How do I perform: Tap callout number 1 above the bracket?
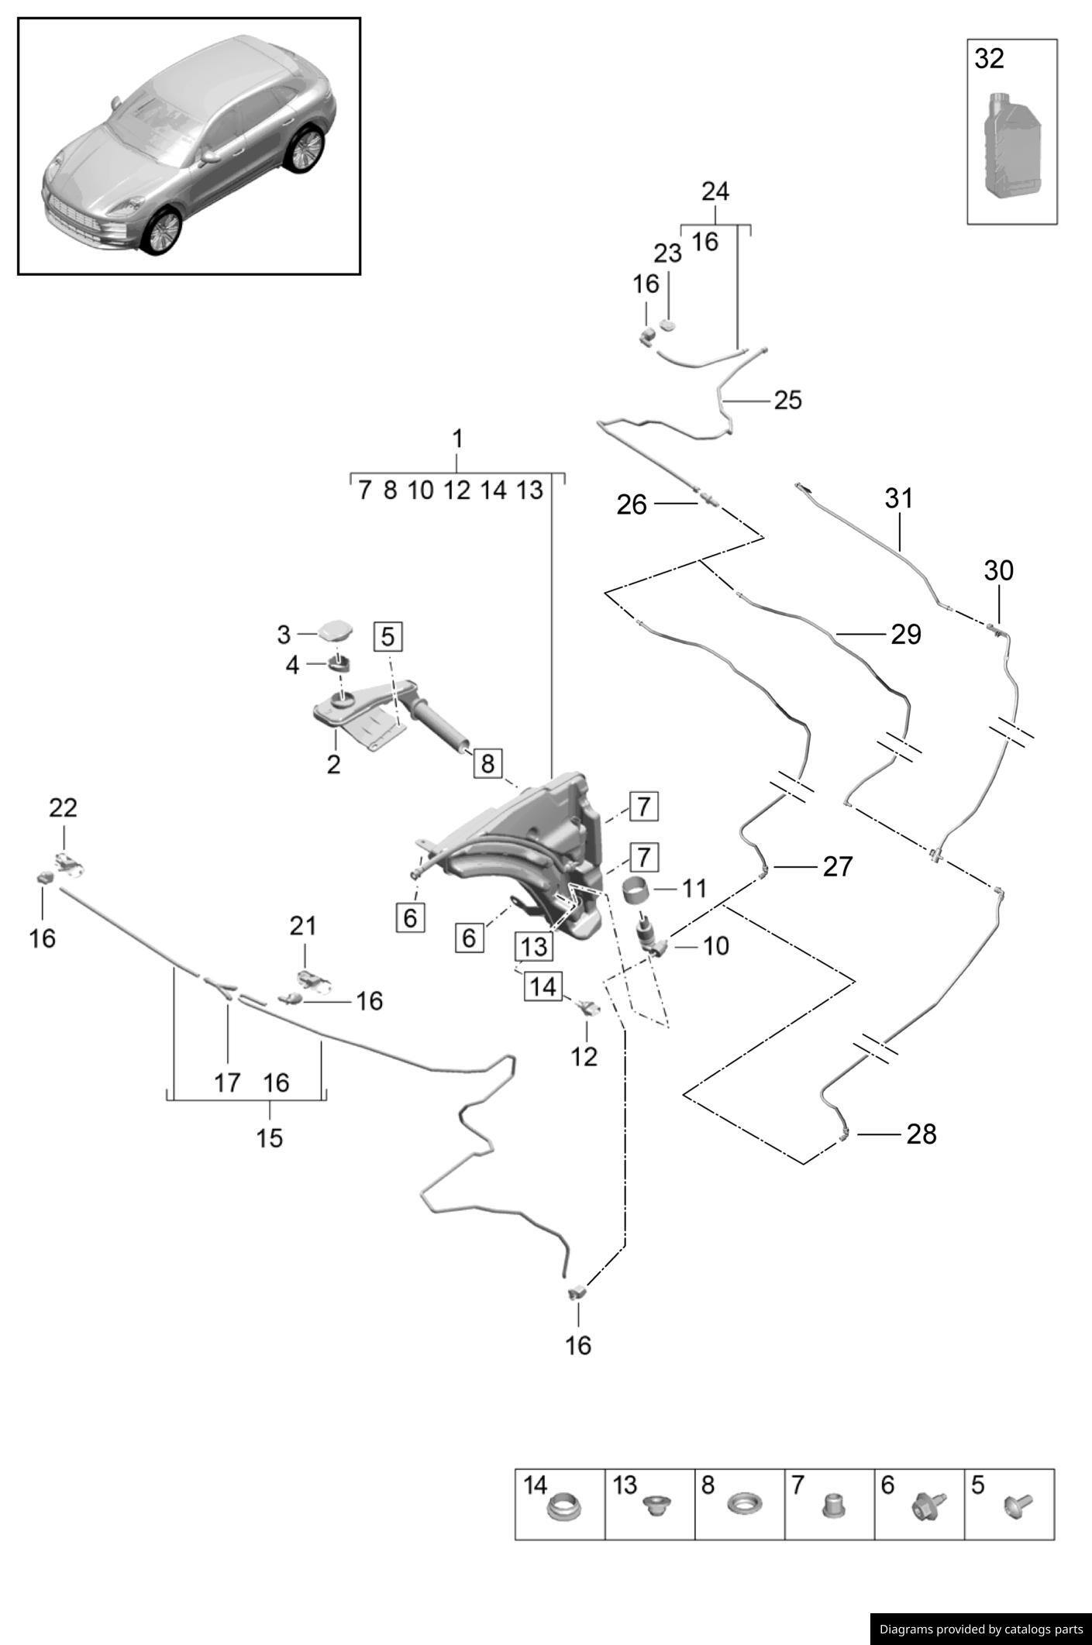(457, 439)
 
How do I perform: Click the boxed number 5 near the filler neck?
(388, 636)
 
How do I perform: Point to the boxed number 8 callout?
(487, 763)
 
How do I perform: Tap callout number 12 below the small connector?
(584, 1056)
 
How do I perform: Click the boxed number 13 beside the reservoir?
(534, 946)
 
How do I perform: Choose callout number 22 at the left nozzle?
(64, 808)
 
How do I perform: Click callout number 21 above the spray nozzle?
(303, 925)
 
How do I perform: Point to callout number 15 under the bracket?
(270, 1137)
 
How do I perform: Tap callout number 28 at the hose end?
(921, 1134)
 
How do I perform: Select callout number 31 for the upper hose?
(898, 498)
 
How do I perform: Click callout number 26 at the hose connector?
(631, 504)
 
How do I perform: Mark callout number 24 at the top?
(715, 191)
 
